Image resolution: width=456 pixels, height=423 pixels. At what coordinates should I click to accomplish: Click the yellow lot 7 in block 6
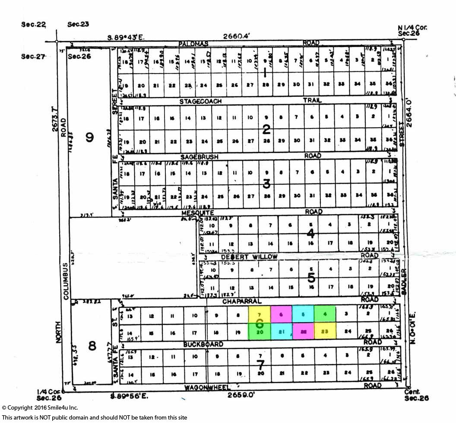pyautogui.click(x=260, y=314)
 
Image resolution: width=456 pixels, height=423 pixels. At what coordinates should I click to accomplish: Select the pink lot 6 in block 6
pyautogui.click(x=281, y=314)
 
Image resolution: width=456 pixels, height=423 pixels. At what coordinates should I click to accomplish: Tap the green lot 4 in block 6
pyautogui.click(x=325, y=314)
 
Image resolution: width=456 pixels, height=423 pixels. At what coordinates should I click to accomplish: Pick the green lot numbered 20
pyautogui.click(x=260, y=332)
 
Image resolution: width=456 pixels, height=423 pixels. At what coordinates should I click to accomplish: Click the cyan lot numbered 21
pyautogui.click(x=281, y=332)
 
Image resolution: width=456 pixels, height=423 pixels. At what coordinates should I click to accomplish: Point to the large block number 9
pyautogui.click(x=89, y=137)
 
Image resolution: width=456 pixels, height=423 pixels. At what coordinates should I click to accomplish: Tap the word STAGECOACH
pyautogui.click(x=201, y=101)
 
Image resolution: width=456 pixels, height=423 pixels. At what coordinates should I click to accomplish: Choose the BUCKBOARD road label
pyautogui.click(x=203, y=344)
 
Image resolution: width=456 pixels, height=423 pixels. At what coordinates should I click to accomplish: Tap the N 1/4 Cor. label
pyautogui.click(x=412, y=27)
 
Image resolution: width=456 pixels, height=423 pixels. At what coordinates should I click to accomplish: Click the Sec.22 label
pyautogui.click(x=33, y=25)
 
